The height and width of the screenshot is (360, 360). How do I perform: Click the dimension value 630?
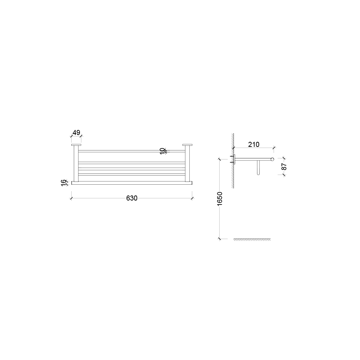[132, 198]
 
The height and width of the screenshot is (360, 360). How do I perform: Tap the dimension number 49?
[76, 132]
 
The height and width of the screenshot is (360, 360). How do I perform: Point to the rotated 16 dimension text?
[63, 183]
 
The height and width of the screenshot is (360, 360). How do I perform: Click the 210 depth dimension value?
[254, 145]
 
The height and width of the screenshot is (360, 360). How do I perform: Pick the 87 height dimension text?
[284, 166]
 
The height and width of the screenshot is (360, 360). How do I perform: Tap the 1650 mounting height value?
[220, 199]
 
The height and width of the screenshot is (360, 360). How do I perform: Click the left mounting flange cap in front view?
[76, 145]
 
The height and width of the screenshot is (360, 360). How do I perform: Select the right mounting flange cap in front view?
[187, 145]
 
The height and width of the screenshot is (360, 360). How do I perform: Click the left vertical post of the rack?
[76, 164]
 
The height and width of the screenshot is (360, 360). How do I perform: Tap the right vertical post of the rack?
[187, 164]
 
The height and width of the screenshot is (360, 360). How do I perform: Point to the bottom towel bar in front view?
[132, 183]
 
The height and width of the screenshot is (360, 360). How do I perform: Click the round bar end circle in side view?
[273, 159]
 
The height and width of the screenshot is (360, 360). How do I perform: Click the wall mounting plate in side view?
[234, 159]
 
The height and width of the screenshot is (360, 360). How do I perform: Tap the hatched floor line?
[252, 239]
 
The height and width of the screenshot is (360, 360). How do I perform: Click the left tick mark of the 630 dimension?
[72, 197]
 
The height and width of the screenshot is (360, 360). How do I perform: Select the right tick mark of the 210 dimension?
[274, 148]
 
